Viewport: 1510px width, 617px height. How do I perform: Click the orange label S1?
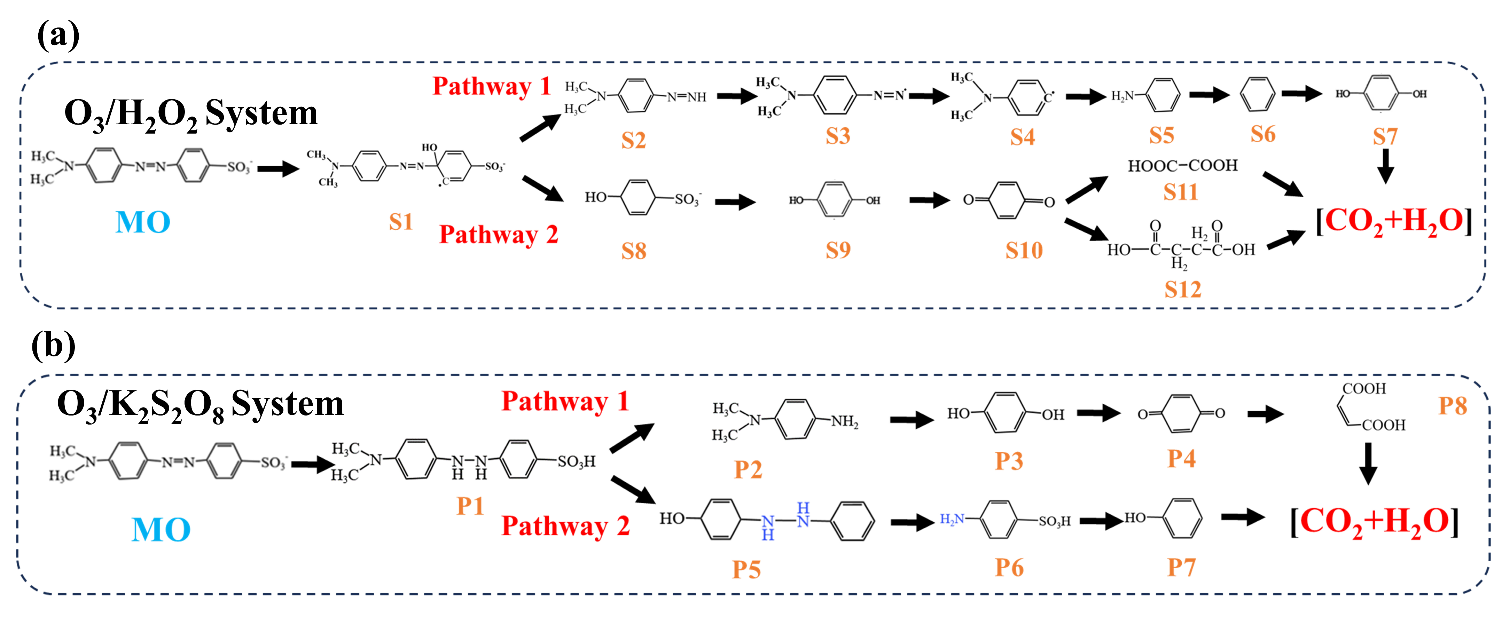(401, 222)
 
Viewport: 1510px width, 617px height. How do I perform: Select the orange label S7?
(1385, 137)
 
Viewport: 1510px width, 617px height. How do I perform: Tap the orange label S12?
(1182, 290)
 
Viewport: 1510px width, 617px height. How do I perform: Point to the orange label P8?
(1453, 406)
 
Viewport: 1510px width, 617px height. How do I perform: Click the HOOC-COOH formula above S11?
(1182, 166)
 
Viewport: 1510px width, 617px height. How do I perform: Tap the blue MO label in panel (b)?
(161, 530)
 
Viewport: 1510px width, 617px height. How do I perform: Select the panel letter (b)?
(53, 346)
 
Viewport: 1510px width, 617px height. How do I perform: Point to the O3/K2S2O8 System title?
(200, 404)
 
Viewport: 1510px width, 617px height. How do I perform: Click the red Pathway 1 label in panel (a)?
(491, 86)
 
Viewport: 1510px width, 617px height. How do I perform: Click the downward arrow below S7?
(1385, 166)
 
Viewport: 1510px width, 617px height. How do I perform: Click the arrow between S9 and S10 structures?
(929, 200)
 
